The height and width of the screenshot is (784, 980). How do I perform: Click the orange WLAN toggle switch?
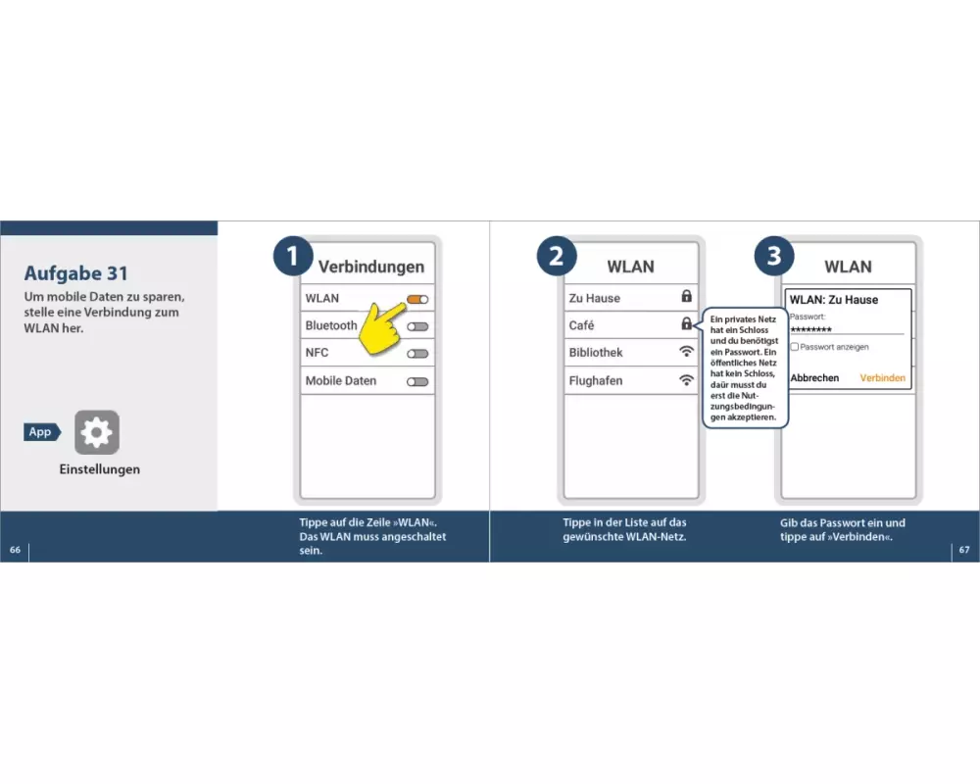[417, 300]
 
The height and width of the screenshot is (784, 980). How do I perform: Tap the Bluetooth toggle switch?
[417, 326]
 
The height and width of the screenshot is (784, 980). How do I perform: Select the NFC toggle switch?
[417, 354]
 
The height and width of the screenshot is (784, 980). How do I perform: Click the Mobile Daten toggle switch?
[417, 382]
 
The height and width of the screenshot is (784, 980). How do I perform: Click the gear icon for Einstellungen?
[97, 432]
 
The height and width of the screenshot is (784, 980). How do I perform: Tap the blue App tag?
[42, 432]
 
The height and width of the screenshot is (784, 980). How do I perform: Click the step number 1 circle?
[292, 257]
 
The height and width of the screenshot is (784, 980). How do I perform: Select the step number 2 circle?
[557, 257]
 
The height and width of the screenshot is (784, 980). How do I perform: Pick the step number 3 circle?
[774, 257]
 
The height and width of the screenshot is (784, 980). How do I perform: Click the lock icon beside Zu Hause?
[686, 296]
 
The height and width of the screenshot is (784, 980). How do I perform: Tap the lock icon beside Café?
[686, 323]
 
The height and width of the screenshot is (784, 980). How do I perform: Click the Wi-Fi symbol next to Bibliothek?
[686, 352]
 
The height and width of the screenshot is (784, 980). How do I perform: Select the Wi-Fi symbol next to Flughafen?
[686, 379]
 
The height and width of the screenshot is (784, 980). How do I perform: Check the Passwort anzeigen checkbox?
[795, 347]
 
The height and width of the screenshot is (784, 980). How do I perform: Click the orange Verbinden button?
[883, 377]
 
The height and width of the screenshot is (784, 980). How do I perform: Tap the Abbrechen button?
[814, 377]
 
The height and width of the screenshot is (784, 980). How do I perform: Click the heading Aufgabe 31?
[75, 273]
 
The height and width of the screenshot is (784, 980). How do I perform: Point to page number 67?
[964, 550]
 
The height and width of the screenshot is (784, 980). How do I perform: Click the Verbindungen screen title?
[371, 267]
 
